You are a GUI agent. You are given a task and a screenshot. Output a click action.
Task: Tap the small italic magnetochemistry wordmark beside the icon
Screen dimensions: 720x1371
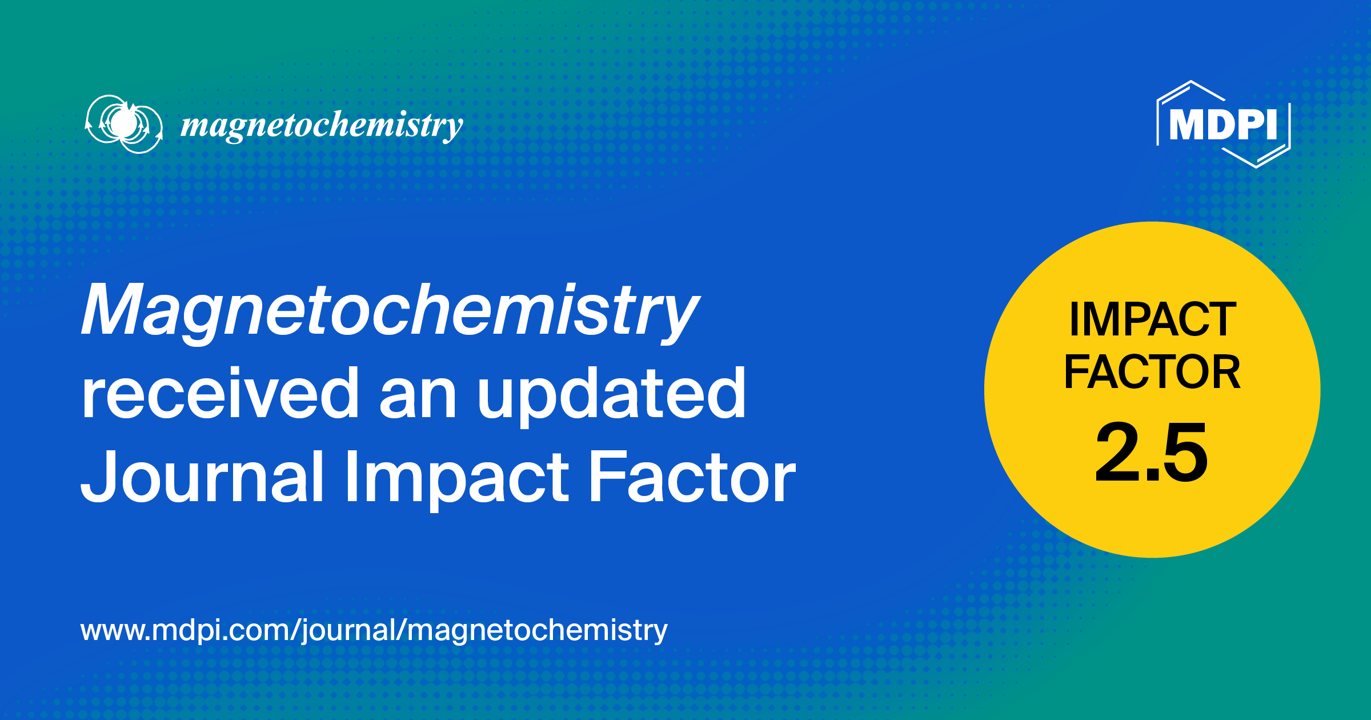[x=322, y=125]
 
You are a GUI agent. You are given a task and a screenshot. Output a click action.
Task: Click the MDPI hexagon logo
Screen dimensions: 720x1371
[x=1223, y=124]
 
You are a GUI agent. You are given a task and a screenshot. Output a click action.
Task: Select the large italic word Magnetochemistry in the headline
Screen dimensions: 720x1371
[x=390, y=311]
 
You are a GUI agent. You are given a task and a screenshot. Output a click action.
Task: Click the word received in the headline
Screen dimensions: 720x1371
[x=220, y=394]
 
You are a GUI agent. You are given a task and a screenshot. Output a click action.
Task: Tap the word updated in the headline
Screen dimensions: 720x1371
[x=611, y=394]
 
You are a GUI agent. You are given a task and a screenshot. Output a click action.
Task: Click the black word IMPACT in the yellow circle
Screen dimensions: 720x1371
[x=1153, y=319]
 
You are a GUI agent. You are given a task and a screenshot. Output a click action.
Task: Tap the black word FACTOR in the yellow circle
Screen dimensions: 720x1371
[x=1152, y=372]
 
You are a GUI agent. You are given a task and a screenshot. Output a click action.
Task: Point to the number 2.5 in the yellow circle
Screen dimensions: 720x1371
[x=1152, y=452]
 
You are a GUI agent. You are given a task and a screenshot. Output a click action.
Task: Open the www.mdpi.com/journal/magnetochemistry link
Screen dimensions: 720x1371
[x=374, y=630]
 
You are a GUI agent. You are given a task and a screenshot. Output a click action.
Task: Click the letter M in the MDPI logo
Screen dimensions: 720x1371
[x=1188, y=124]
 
